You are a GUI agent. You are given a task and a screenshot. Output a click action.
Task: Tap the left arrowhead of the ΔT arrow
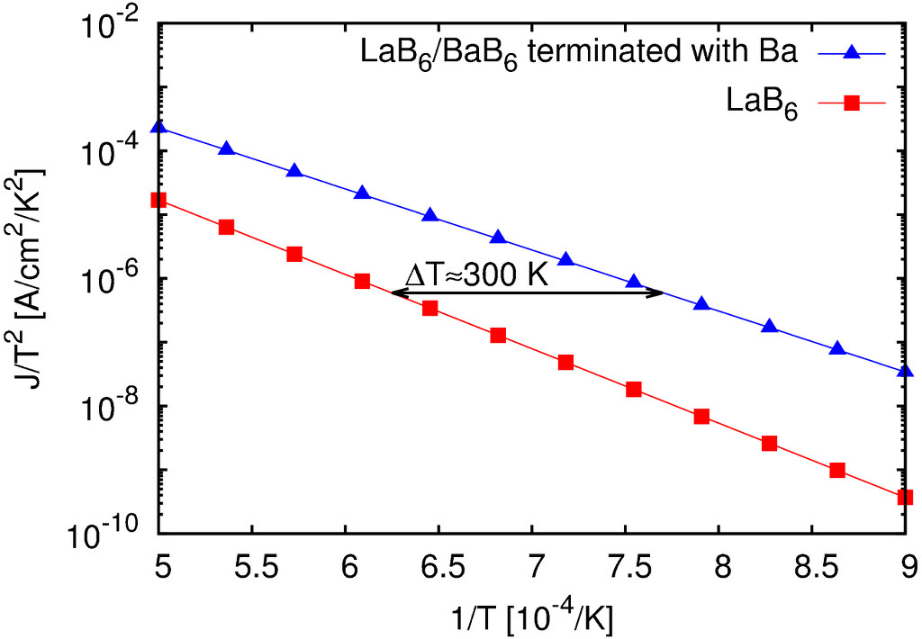coord(396,292)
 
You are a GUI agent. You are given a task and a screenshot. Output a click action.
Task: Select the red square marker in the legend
coord(853,104)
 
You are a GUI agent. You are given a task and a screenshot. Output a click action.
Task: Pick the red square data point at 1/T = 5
coord(158,200)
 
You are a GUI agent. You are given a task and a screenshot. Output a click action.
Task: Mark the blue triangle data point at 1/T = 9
coord(905,370)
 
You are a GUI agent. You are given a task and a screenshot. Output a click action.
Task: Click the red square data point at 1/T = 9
coord(905,497)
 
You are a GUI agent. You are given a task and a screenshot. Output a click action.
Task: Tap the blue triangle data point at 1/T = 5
coord(158,127)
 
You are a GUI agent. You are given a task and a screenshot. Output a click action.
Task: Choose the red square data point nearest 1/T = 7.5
coord(633,390)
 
